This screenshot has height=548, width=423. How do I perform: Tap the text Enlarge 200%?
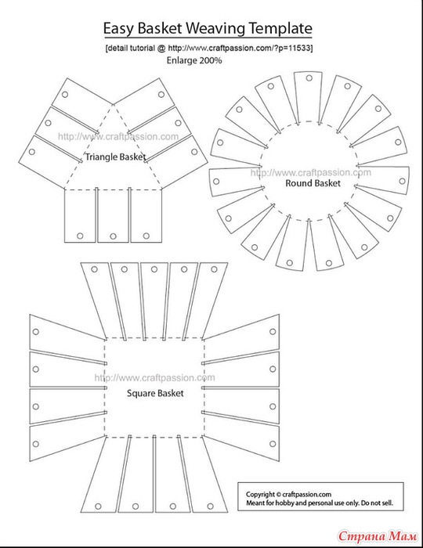[194, 60]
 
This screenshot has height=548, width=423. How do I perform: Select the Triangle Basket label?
[115, 157]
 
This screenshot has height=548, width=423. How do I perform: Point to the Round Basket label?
[313, 183]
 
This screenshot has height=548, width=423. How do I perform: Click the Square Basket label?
[155, 394]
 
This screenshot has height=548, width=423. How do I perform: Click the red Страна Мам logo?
[378, 535]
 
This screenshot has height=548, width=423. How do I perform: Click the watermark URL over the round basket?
[311, 173]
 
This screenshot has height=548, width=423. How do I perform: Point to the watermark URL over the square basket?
[155, 378]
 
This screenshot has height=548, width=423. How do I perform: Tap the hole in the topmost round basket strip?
[309, 78]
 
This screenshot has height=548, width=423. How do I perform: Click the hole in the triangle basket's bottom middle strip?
[113, 236]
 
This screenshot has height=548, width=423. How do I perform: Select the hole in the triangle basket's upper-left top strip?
[65, 95]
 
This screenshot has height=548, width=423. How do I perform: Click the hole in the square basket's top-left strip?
[94, 269]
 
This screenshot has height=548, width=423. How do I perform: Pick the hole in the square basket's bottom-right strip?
[210, 506]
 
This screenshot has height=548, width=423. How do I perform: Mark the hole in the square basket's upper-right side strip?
[273, 331]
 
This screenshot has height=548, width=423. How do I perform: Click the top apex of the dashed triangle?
[113, 104]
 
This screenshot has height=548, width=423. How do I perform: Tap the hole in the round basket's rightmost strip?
[402, 181]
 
